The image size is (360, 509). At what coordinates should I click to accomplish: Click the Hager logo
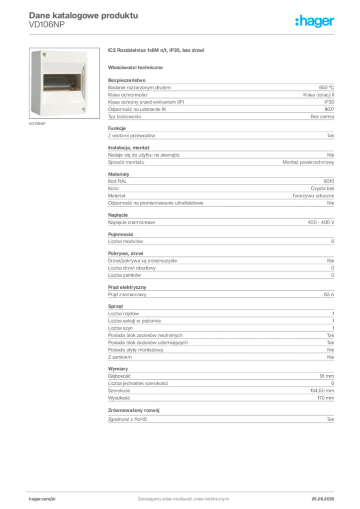tap(314, 21)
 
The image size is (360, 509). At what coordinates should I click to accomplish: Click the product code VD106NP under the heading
tap(47, 25)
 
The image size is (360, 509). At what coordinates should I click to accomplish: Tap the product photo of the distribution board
tap(64, 83)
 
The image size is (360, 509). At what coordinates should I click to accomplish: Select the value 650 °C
tap(326, 87)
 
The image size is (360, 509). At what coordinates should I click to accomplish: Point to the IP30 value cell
tap(329, 102)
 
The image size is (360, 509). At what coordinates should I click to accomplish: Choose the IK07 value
tap(329, 109)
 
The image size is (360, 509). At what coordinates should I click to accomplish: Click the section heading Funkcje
tap(117, 128)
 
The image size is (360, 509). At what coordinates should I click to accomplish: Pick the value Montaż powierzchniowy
tap(308, 162)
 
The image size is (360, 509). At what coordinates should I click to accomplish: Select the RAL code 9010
tap(329, 181)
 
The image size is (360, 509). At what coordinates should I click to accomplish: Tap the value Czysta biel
tap(322, 188)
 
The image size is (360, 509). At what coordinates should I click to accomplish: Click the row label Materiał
tap(116, 196)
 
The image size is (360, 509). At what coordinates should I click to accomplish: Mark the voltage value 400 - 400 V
tap(321, 222)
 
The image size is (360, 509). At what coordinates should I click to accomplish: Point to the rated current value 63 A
tap(329, 294)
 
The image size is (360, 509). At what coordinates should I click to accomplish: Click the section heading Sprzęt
tap(115, 306)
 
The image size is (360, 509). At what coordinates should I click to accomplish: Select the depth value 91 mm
tap(327, 376)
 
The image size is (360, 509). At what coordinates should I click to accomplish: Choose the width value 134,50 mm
tap(322, 391)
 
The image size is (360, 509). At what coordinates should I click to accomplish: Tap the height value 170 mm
tap(326, 398)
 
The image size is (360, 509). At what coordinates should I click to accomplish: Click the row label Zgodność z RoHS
tap(127, 420)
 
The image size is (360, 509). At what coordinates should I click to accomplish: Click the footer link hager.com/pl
tap(42, 499)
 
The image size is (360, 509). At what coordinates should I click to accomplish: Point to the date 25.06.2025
tap(323, 499)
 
